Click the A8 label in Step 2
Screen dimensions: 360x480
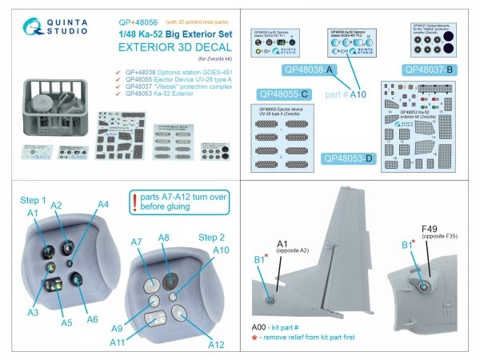click(x=164, y=237)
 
